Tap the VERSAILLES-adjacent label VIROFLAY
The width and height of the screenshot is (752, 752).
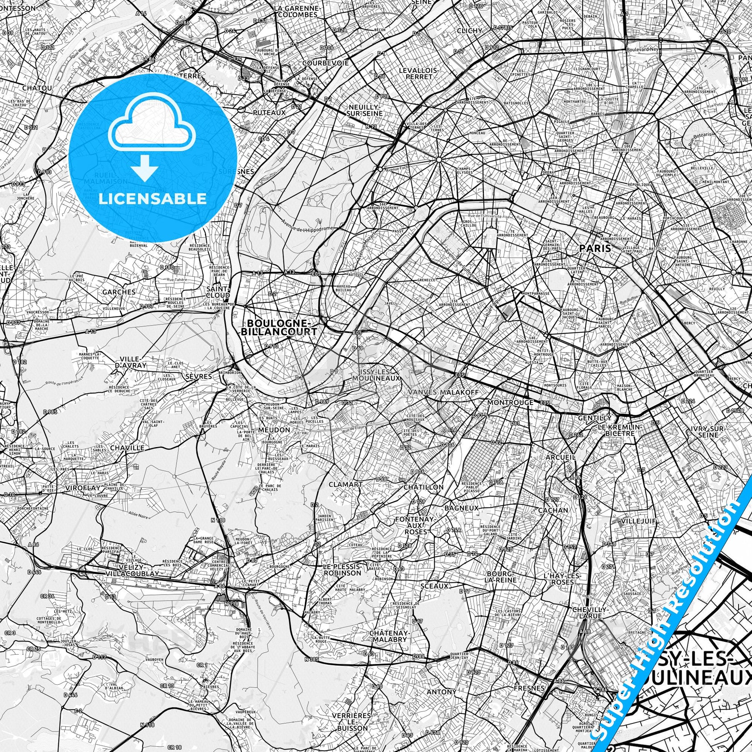click(x=83, y=488)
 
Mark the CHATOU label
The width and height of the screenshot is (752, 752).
click(x=37, y=88)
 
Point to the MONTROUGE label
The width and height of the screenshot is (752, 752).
click(x=510, y=402)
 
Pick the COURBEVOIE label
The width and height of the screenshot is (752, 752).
click(x=325, y=63)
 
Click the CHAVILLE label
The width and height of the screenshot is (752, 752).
click(x=127, y=448)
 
